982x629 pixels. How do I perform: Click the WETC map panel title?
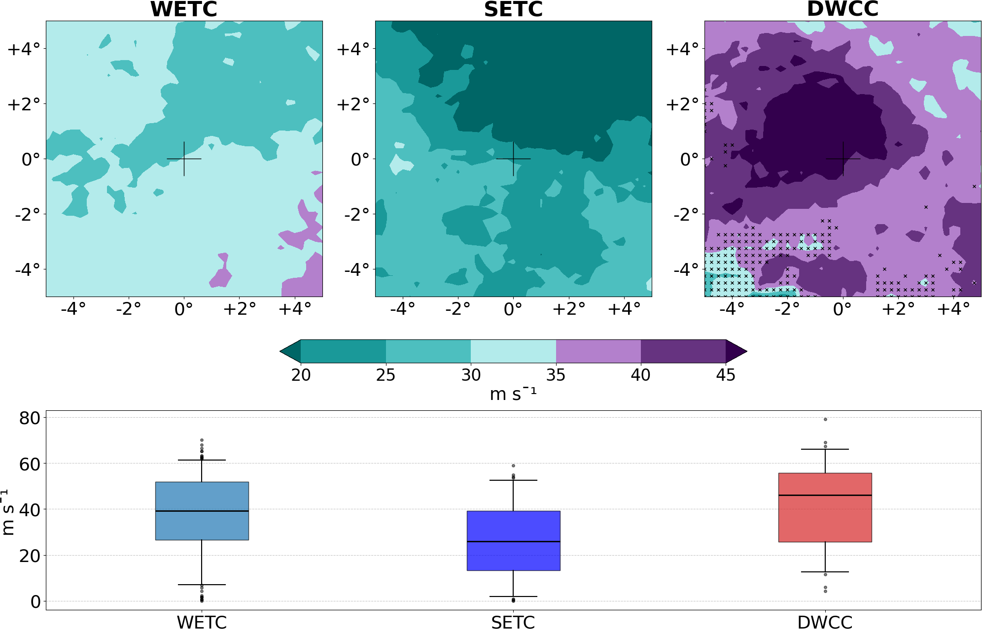[184, 9]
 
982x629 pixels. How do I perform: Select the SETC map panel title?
[513, 9]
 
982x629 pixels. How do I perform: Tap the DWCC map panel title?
[842, 9]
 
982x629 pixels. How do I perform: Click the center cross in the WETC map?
[184, 159]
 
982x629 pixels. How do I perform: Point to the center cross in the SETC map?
[513, 159]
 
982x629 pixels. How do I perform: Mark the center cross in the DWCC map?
[843, 159]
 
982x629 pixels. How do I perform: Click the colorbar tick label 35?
[556, 375]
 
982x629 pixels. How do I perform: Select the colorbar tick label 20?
[301, 375]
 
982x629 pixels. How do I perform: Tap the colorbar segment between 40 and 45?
[683, 351]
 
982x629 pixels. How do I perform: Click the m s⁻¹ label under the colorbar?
[513, 394]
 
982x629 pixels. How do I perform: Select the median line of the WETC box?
[202, 511]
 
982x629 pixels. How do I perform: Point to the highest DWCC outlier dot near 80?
[825, 419]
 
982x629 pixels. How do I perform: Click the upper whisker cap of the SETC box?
[513, 480]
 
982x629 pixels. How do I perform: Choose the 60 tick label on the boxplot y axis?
[29, 463]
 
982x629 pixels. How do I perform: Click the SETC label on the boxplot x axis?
[513, 622]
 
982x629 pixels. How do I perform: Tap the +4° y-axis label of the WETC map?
[24, 49]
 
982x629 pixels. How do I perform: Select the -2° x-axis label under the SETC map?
[457, 309]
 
